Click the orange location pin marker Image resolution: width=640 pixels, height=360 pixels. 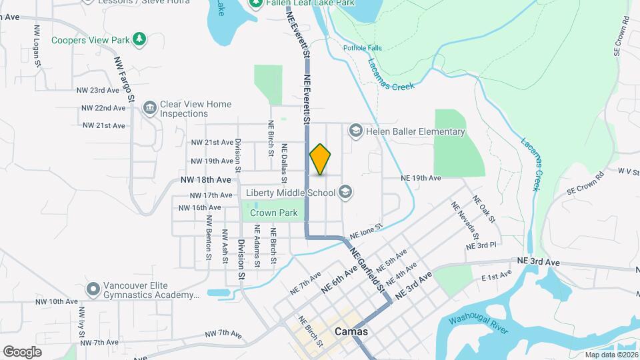(320, 160)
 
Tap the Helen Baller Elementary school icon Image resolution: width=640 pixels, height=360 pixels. (355, 131)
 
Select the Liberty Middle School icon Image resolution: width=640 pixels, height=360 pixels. (345, 193)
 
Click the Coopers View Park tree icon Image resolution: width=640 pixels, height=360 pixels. (139, 40)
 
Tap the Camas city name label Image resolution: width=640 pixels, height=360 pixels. (351, 331)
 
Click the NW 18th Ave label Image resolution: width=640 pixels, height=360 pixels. (205, 180)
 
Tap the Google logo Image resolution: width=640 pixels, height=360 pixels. (22, 351)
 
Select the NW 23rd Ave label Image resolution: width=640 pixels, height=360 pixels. (97, 90)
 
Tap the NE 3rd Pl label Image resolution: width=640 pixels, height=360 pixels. (481, 245)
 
